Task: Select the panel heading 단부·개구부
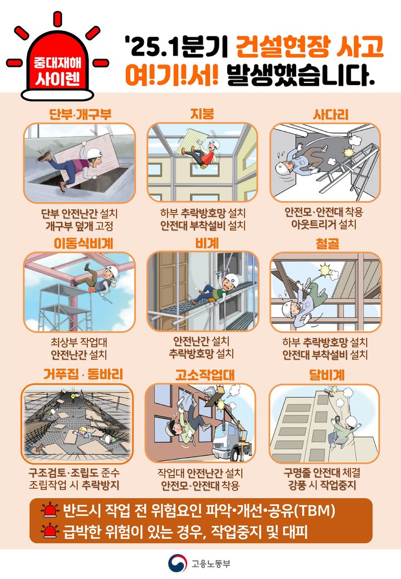coord(80,115)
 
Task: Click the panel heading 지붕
coord(202,115)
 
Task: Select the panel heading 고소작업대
coord(202,373)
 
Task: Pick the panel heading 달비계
coord(325,373)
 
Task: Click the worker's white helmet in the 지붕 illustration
coord(212,145)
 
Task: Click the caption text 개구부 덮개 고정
coord(80,225)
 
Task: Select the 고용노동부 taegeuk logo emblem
coord(178,563)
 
